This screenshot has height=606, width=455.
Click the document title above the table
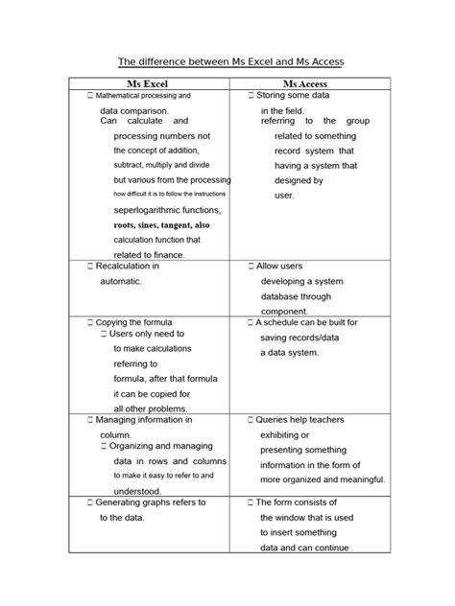pos(229,61)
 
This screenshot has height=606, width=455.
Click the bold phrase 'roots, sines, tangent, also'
pos(161,224)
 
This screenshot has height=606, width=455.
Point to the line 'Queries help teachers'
pos(299,420)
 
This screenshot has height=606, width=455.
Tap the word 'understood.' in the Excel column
pos(137,491)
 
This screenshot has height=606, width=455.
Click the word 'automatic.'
pos(121,281)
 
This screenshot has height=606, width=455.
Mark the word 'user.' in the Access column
pos(284,195)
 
